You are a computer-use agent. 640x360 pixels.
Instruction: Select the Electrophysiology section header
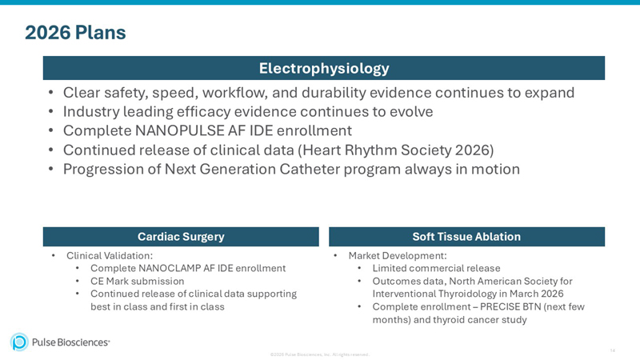click(323, 68)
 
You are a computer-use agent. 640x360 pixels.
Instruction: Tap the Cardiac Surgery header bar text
click(181, 237)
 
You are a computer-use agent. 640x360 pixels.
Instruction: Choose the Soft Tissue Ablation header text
click(466, 237)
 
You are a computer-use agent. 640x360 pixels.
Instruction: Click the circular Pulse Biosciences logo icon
click(19, 342)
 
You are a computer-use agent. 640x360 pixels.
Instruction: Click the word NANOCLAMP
click(176, 268)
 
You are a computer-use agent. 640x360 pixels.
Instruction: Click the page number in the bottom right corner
click(612, 350)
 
